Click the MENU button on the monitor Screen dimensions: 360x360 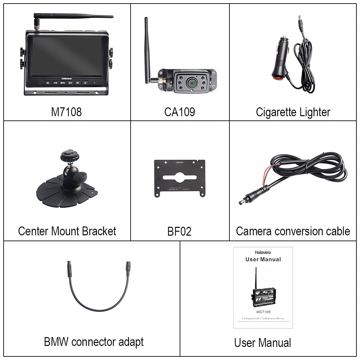click(63, 83)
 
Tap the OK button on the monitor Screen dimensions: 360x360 click(78, 83)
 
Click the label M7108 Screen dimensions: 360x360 click(66, 112)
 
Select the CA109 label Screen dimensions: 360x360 click(179, 112)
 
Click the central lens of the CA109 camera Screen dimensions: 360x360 click(190, 83)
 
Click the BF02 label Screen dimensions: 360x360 click(179, 232)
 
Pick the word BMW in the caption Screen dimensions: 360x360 click(56, 342)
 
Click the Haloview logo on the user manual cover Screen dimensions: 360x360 click(263, 252)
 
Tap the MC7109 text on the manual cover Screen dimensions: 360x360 click(263, 312)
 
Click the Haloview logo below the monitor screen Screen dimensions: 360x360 click(66, 78)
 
